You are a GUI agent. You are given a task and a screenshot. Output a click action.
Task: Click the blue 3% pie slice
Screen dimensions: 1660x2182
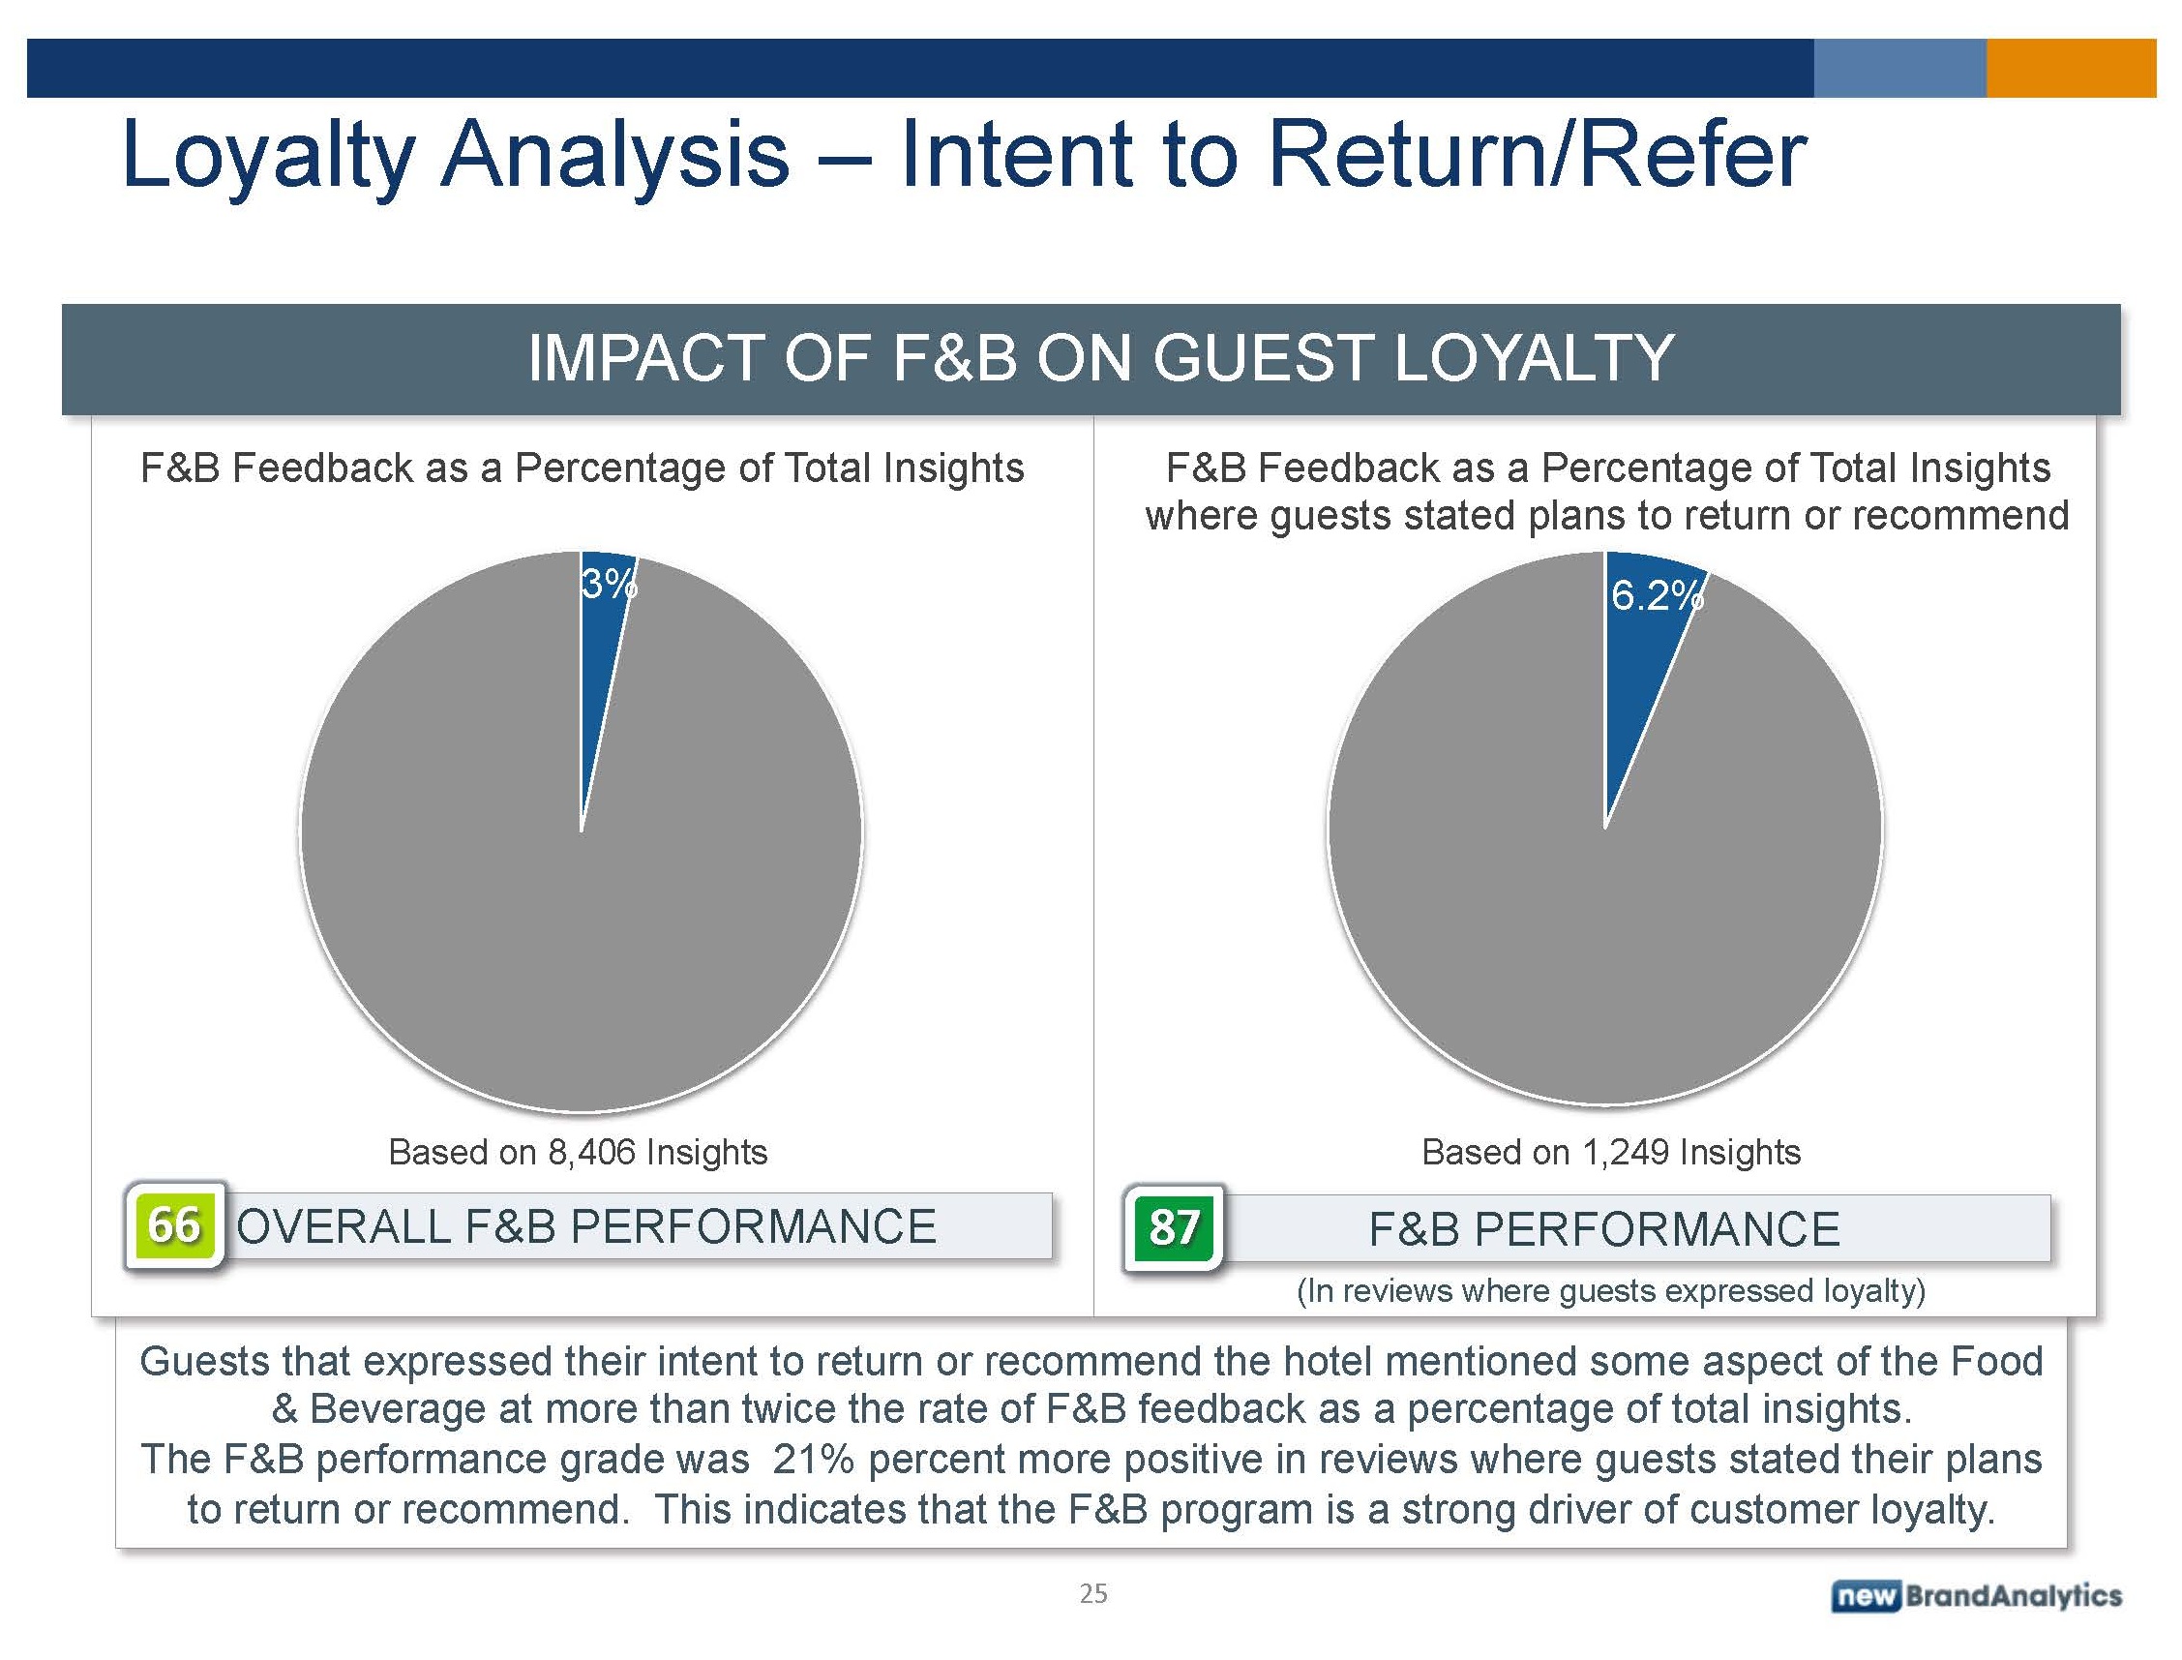pyautogui.click(x=599, y=652)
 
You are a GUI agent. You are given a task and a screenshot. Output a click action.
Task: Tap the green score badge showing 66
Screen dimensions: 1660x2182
pyautogui.click(x=174, y=1225)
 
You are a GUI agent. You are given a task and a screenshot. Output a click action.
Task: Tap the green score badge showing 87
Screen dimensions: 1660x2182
pyautogui.click(x=1174, y=1228)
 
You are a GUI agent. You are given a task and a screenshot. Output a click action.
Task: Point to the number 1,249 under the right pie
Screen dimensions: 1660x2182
pyautogui.click(x=1625, y=1152)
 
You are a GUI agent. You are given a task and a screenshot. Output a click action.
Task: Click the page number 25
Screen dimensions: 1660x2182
pyautogui.click(x=1092, y=1593)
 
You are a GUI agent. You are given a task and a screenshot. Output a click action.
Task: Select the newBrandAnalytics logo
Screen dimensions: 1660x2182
pyautogui.click(x=1976, y=1595)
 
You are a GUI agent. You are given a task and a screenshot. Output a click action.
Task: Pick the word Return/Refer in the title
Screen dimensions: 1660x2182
pyautogui.click(x=1537, y=156)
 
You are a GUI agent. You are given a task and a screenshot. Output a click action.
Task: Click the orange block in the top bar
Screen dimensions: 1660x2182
pyautogui.click(x=2071, y=68)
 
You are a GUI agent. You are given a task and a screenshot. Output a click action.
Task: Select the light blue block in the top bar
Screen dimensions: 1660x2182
pyautogui.click(x=1899, y=68)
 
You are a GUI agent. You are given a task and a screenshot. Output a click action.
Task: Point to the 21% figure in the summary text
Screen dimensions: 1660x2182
pyautogui.click(x=812, y=1460)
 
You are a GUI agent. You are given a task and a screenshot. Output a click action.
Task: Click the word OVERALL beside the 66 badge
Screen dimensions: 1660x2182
pyautogui.click(x=344, y=1226)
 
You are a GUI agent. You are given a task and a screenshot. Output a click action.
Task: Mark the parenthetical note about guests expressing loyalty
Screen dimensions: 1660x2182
pyautogui.click(x=1610, y=1290)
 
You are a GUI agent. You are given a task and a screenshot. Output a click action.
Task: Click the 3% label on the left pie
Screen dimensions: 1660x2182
pyautogui.click(x=608, y=585)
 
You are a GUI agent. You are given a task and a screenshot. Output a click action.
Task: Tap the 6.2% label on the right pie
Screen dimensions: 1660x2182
pyautogui.click(x=1657, y=596)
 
